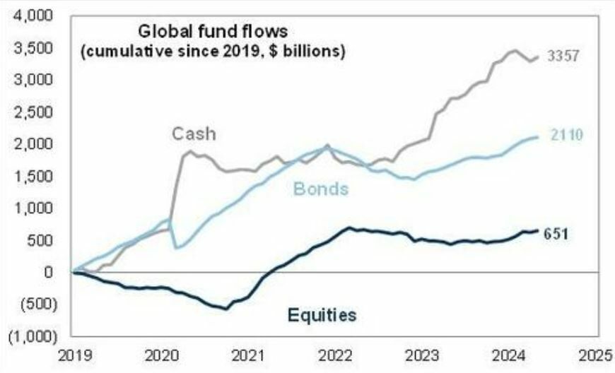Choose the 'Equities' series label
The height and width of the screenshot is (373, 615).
pyautogui.click(x=321, y=314)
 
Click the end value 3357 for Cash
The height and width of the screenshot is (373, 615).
pyautogui.click(x=564, y=57)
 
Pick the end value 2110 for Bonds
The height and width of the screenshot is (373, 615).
pyautogui.click(x=566, y=136)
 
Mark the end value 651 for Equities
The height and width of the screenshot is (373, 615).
pyautogui.click(x=557, y=233)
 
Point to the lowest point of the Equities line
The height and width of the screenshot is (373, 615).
pyautogui.click(x=226, y=309)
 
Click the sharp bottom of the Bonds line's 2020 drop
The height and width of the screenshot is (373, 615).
pyautogui.click(x=175, y=248)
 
